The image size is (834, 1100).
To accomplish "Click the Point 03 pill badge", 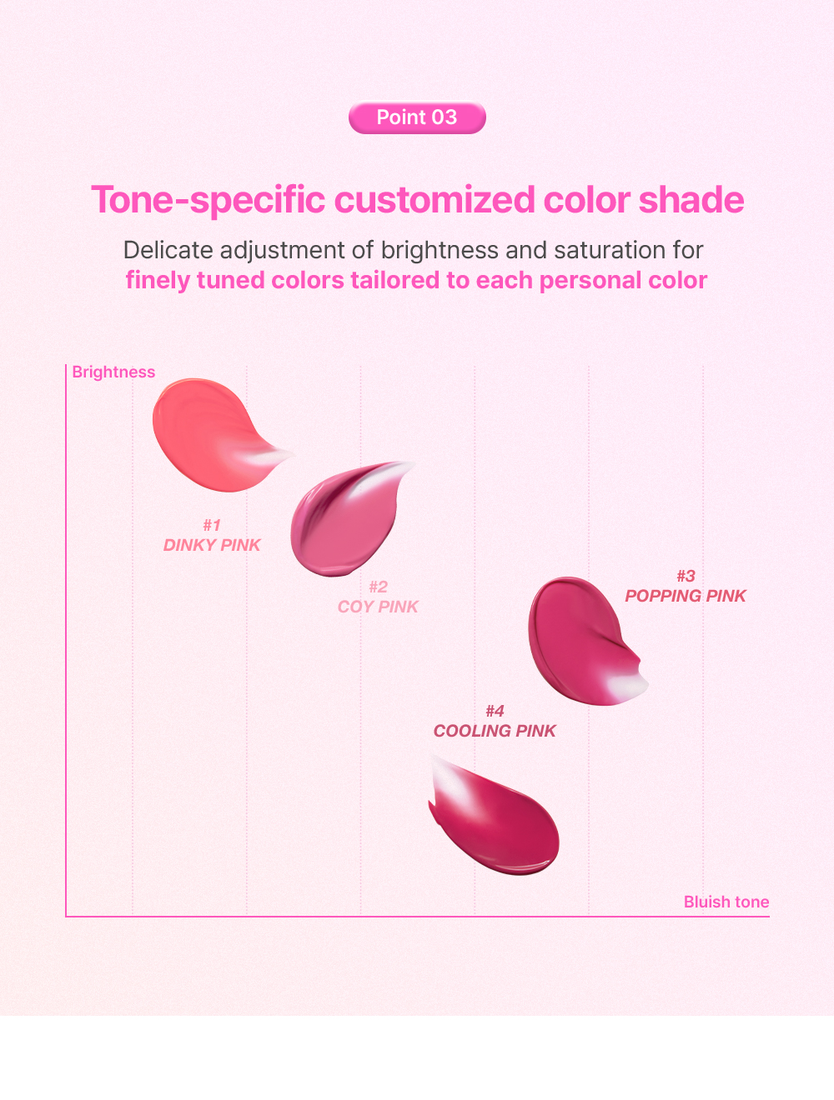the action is point(417,117).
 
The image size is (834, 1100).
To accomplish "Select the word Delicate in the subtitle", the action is point(168,249).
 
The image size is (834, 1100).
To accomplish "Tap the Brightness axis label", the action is point(113,372).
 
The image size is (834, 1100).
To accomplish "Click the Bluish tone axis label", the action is point(726,902).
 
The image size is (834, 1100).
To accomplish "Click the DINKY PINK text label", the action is point(212,545).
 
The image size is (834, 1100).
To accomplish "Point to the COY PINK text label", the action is point(378,607).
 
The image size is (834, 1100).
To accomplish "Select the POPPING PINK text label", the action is point(685,596).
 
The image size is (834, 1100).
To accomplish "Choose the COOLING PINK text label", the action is point(495,731).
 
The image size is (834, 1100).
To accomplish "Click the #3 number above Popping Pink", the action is point(686,577).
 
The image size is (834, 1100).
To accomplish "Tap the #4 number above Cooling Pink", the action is point(495,711).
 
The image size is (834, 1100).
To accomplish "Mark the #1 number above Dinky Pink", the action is point(212,525).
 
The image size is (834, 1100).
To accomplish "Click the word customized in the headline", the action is point(435,199).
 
